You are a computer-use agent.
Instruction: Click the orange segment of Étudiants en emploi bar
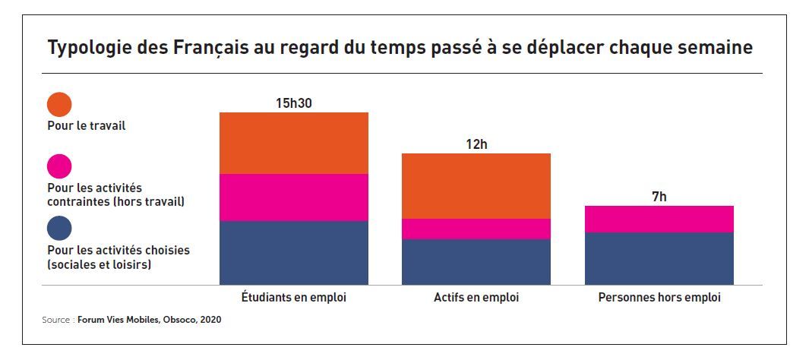(294, 143)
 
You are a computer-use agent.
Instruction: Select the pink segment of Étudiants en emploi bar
(294, 197)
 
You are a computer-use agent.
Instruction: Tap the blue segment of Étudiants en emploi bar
(294, 252)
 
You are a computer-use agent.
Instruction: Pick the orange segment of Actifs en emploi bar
(476, 185)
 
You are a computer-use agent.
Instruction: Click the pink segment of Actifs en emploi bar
(476, 229)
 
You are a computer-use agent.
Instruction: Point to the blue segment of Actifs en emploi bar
(476, 261)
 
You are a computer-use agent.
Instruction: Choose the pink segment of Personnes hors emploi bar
(659, 219)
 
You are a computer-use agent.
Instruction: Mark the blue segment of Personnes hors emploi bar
(659, 258)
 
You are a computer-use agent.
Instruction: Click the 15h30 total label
(294, 103)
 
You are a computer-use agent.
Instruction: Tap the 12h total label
(477, 144)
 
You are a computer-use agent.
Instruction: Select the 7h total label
(659, 197)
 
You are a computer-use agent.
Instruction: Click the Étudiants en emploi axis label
(294, 298)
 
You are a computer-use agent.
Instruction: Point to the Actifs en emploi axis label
(476, 298)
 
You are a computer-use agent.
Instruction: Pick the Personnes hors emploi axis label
(659, 298)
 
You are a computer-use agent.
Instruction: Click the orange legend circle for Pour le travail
(59, 105)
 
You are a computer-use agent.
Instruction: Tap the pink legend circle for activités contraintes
(59, 166)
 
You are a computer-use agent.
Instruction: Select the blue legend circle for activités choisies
(59, 229)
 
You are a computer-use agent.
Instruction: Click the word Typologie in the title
(84, 49)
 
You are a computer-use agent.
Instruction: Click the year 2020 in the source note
(210, 320)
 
